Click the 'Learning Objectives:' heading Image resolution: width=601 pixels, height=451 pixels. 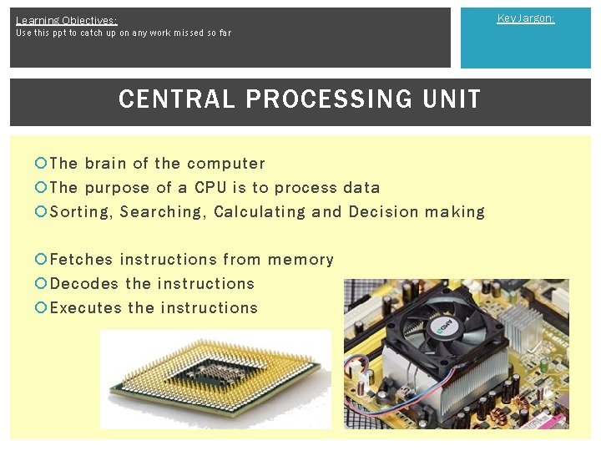(x=66, y=20)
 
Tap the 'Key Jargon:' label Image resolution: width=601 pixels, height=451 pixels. (x=525, y=18)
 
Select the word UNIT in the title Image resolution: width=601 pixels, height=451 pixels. (x=452, y=99)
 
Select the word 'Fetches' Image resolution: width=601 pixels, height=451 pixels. (x=81, y=260)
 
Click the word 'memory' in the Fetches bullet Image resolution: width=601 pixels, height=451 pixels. (x=300, y=260)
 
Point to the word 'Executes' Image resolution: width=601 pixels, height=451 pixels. (x=86, y=308)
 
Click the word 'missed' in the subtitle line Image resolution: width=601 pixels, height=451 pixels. (x=166, y=33)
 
